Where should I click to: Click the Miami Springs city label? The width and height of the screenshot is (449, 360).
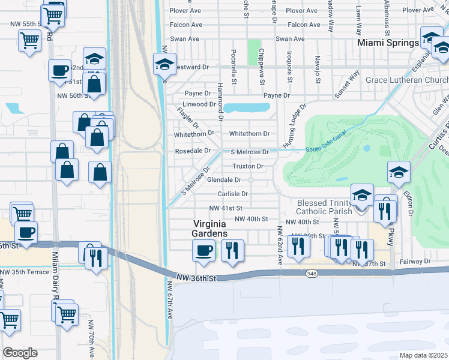point(388,43)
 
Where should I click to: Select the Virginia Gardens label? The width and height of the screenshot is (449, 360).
point(209,229)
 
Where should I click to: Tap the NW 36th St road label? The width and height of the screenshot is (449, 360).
point(196,277)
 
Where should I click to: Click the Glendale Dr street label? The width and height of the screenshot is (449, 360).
point(224,180)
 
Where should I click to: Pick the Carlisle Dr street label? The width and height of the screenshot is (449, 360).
point(233,194)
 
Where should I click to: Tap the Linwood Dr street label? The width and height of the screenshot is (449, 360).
point(199,104)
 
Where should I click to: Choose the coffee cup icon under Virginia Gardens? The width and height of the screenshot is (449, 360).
point(203,250)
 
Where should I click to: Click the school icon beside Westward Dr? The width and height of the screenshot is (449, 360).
point(163,64)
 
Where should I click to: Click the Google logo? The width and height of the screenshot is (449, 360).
point(20,353)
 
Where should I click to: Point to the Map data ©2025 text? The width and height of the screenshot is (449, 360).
point(424,355)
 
